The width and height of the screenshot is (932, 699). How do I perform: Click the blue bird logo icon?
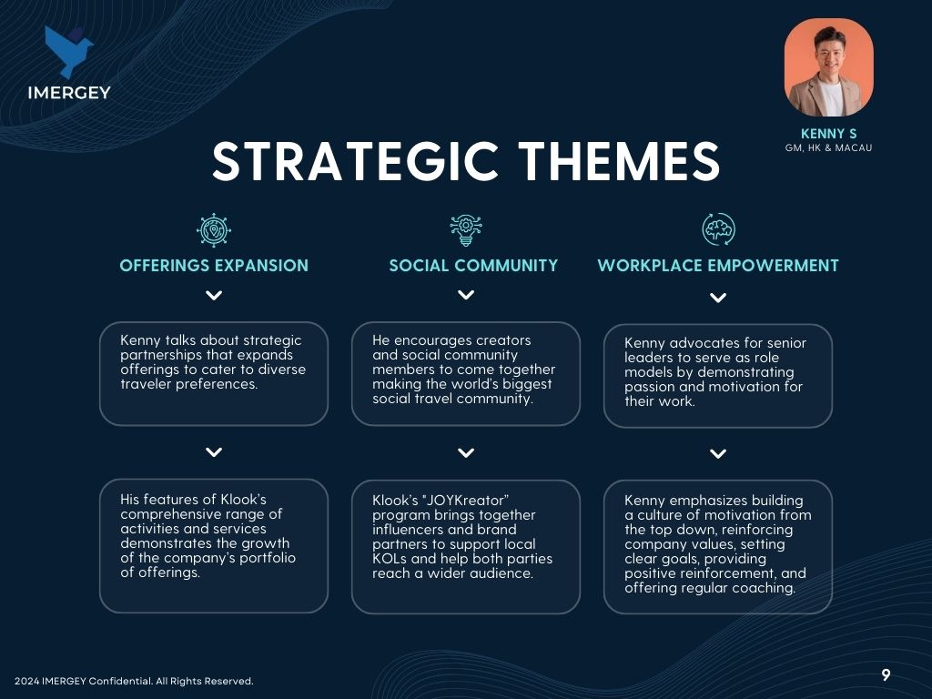click(x=67, y=51)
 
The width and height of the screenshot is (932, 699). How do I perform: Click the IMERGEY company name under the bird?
click(x=69, y=93)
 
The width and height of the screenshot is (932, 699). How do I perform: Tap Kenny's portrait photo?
click(x=828, y=67)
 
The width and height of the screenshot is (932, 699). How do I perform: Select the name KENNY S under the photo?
click(x=828, y=134)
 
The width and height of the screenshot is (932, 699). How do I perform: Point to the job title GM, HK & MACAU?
click(x=828, y=148)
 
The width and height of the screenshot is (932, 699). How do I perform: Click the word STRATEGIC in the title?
click(x=355, y=161)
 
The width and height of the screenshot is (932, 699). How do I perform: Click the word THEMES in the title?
click(x=619, y=161)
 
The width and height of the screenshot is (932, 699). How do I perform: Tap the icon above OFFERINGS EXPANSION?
click(x=214, y=230)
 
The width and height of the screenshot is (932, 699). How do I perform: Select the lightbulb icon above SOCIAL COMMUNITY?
click(x=466, y=230)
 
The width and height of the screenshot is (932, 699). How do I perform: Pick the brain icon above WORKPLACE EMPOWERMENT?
click(x=718, y=229)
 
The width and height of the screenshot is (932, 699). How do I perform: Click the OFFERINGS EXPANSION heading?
click(x=214, y=266)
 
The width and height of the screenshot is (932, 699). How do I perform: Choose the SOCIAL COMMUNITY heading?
click(x=473, y=266)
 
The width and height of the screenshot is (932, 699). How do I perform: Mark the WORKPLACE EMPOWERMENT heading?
click(x=718, y=266)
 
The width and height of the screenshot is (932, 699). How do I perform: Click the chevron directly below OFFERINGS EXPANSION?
click(x=214, y=296)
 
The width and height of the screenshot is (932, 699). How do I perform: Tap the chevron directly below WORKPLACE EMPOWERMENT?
click(x=718, y=298)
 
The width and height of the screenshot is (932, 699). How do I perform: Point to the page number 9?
click(x=886, y=674)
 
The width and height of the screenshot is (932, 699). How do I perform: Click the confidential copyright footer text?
click(x=134, y=681)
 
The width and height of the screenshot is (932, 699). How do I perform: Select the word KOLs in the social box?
click(x=390, y=559)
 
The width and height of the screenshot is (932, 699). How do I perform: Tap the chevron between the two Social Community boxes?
click(x=466, y=453)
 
